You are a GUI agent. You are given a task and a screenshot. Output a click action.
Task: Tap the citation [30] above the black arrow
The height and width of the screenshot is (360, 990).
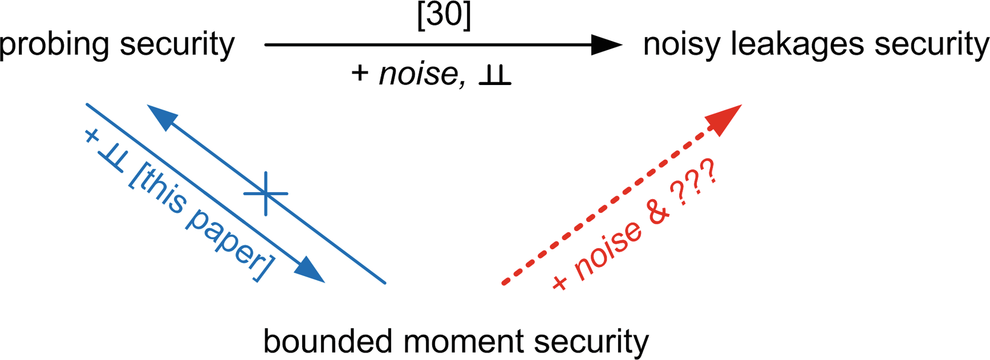444,15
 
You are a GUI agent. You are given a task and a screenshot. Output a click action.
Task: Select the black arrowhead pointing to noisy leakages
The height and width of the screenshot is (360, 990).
607,45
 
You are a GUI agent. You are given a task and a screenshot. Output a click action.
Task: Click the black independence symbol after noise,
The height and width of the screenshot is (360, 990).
494,76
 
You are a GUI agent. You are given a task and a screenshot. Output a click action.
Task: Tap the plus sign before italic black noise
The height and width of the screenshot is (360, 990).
360,74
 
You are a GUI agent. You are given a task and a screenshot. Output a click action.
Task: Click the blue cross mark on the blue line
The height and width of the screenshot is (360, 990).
266,193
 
